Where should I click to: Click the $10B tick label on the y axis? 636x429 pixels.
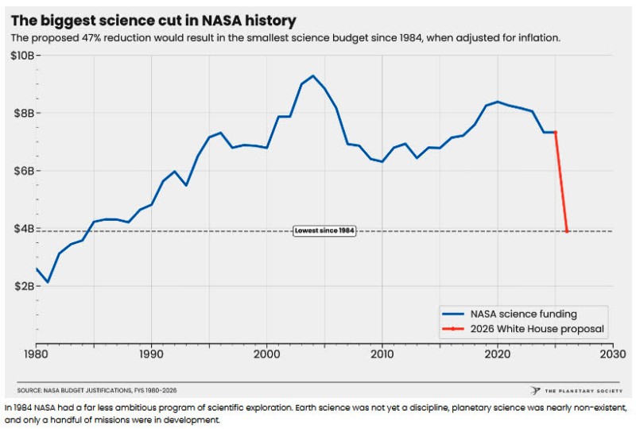coord(19,56)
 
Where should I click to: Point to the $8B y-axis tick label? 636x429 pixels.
coord(21,114)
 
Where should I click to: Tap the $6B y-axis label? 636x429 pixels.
coord(21,171)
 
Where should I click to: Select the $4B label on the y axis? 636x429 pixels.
coord(21,229)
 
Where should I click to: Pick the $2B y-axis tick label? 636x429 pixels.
coord(21,286)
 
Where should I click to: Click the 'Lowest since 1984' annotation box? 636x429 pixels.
coord(324,230)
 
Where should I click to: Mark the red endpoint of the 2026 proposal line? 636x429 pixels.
coord(567,231)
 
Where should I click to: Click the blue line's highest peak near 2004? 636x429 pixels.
coord(313,75)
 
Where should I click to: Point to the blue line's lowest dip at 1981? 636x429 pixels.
coord(48,282)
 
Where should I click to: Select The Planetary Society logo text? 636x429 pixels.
coord(584,391)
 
